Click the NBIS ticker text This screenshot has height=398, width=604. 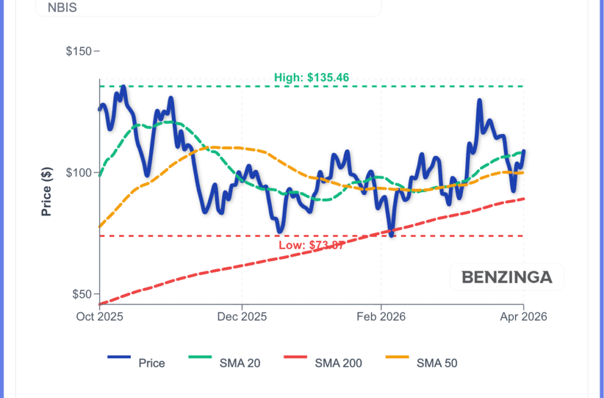(62, 8)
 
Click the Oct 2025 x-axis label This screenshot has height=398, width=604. (100, 317)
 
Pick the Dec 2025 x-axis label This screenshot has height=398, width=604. (242, 317)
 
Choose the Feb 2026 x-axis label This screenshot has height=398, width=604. (381, 317)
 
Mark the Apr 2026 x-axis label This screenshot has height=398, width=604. (523, 317)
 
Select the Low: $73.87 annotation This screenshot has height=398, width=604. (311, 245)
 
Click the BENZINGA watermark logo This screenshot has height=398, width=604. (507, 277)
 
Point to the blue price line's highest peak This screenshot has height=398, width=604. (123, 87)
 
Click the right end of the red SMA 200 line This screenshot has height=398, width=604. (524, 199)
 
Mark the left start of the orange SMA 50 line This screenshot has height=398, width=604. (100, 226)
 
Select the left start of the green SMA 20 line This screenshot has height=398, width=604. (100, 175)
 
